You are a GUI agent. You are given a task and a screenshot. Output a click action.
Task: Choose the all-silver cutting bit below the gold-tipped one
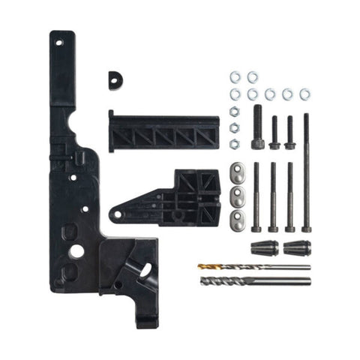click(255, 281)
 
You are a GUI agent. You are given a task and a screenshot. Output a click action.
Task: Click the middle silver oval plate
click(236, 197)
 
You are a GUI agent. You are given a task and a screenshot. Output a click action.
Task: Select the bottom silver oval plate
click(236, 220)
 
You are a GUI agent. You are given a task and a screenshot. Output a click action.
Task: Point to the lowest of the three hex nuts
click(234, 143)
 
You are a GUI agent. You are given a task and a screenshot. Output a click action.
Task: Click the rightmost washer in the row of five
click(305, 94)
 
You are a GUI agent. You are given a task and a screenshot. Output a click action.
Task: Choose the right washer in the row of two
click(253, 76)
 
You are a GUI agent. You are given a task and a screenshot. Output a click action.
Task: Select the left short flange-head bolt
click(274, 132)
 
